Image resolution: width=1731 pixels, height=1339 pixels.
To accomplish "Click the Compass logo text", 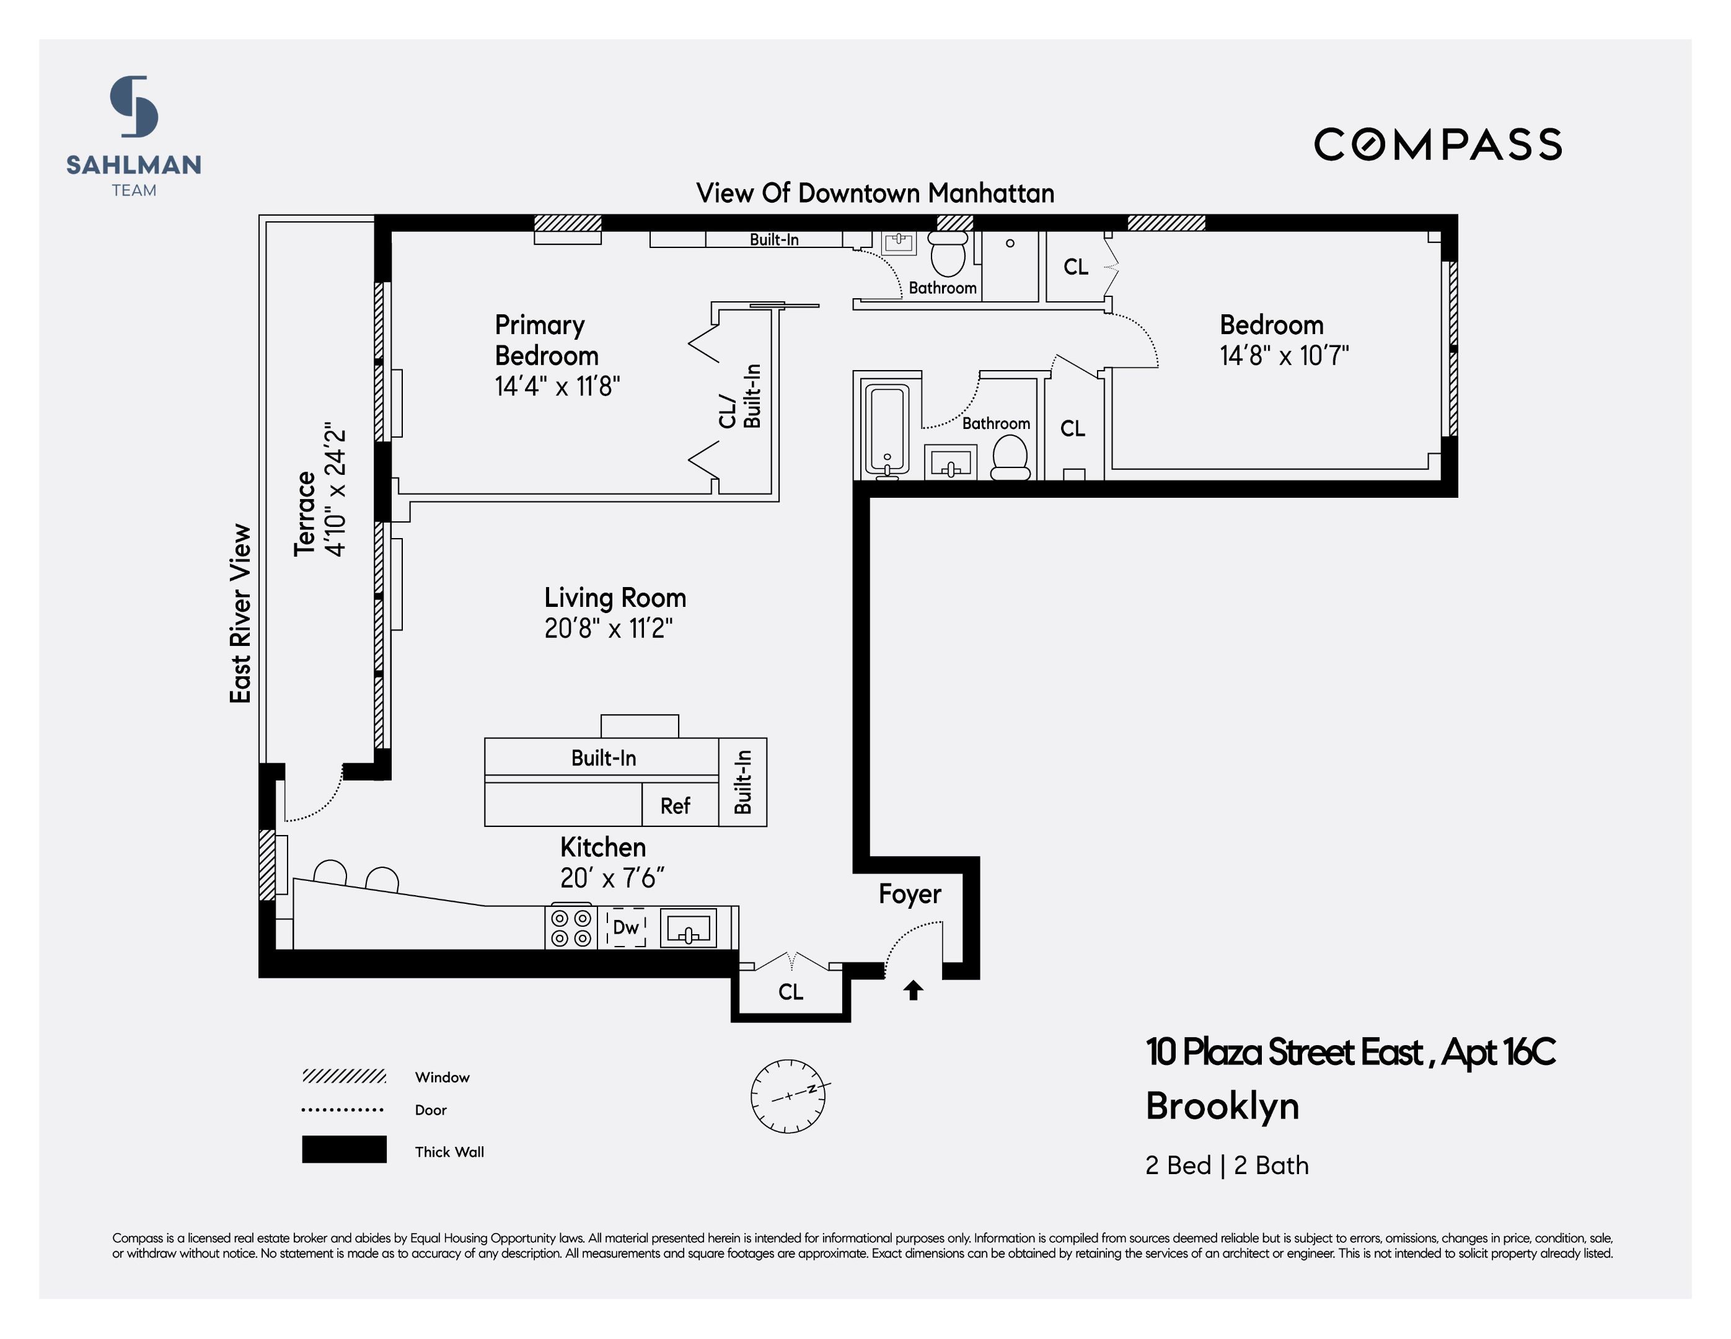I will click(1437, 145).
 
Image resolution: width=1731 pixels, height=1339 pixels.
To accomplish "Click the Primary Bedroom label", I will click(546, 340).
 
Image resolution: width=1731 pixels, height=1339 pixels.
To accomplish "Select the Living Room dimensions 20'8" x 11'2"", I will click(608, 629).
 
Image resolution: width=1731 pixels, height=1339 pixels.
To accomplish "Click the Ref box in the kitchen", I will click(676, 805).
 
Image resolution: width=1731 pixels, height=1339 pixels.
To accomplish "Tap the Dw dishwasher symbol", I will click(625, 927).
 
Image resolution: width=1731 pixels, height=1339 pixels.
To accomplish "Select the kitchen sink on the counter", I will click(689, 927).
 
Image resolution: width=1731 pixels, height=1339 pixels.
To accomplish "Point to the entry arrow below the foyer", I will click(913, 989).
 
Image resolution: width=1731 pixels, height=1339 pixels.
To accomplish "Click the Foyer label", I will click(909, 895).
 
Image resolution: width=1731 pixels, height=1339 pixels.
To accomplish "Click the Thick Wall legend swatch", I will click(344, 1149).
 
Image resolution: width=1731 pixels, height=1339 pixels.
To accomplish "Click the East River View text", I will click(240, 614).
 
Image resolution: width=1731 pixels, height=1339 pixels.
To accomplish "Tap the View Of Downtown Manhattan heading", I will click(875, 193).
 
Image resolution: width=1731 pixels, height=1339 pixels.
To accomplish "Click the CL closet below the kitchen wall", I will click(790, 992).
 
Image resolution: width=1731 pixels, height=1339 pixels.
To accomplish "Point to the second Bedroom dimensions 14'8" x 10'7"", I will click(1284, 356).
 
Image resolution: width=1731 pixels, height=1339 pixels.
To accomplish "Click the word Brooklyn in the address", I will click(1222, 1106).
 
